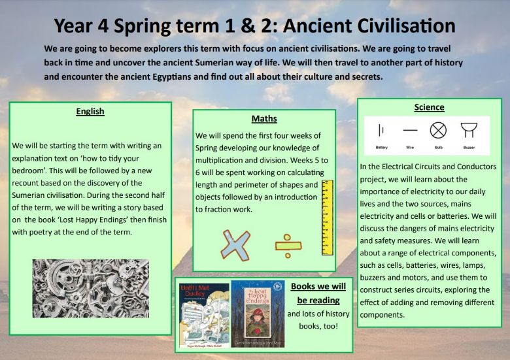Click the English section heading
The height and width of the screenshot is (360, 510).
click(90, 111)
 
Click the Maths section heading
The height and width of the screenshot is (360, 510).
click(264, 119)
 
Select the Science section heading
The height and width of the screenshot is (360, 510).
click(429, 107)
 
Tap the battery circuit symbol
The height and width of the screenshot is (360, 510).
click(381, 130)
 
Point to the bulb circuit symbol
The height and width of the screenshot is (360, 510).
click(437, 130)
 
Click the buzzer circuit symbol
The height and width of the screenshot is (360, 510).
click(468, 130)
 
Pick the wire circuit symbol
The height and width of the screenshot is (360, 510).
click(410, 131)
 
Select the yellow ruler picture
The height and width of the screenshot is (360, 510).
click(327, 218)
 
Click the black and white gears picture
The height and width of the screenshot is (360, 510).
click(91, 288)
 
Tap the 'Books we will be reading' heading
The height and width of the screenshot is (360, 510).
click(318, 293)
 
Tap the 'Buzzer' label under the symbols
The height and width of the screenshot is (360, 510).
click(468, 148)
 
